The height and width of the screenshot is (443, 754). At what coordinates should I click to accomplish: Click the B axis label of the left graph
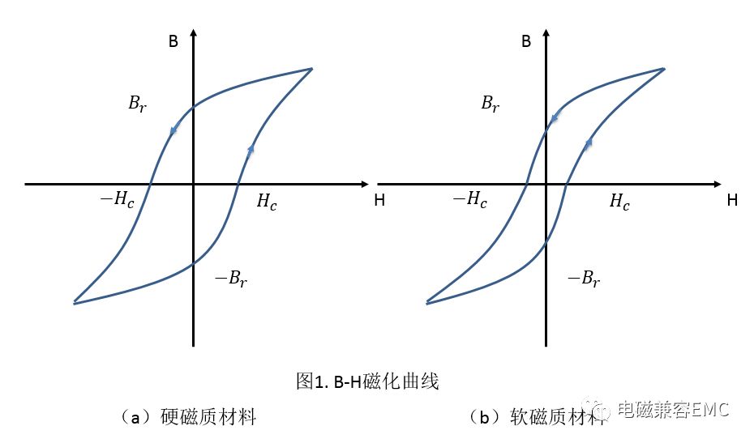click(174, 41)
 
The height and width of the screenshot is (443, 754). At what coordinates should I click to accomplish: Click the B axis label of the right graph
click(526, 41)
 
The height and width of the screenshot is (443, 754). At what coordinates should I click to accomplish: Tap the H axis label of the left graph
click(379, 200)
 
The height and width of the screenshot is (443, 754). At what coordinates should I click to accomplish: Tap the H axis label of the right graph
click(732, 200)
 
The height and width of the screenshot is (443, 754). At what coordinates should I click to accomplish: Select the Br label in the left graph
click(138, 104)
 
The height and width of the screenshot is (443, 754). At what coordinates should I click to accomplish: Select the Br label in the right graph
click(491, 104)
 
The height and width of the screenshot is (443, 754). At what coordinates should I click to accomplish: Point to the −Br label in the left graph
click(231, 279)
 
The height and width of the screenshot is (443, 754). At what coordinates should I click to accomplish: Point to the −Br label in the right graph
click(584, 279)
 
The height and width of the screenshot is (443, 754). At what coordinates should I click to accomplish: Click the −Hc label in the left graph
click(117, 199)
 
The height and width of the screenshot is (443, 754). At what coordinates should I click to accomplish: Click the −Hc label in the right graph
click(469, 199)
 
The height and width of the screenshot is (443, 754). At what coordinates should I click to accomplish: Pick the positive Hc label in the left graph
click(267, 202)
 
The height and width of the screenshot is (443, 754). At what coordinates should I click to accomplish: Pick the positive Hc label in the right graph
click(620, 202)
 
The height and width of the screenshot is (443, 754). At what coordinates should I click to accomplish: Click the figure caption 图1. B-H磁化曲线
click(367, 381)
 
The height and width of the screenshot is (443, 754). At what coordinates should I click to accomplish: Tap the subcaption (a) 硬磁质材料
click(187, 416)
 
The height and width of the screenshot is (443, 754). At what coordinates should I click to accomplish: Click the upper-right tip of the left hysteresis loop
click(312, 69)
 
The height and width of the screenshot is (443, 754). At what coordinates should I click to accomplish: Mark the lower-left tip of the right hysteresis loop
click(427, 303)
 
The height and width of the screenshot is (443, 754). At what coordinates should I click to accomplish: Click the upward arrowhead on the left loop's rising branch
click(251, 148)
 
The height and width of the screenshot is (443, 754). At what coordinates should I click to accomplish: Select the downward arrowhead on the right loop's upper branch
click(555, 117)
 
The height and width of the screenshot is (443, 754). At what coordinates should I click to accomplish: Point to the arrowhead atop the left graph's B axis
click(193, 32)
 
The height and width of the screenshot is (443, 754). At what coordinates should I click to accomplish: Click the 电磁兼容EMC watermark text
click(673, 410)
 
